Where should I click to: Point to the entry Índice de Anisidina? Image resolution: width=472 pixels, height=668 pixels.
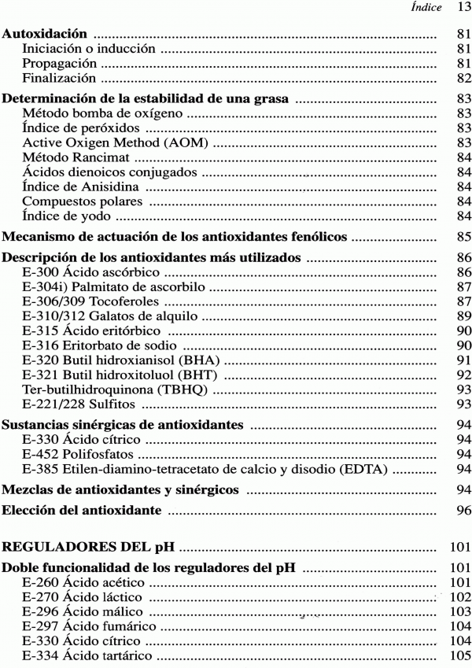click(78, 186)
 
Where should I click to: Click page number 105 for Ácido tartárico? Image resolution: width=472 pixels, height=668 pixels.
click(459, 655)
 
